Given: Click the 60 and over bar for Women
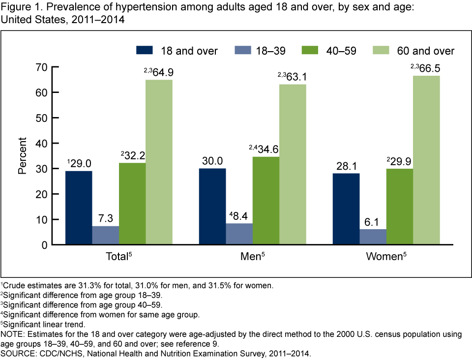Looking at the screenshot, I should coord(426,160).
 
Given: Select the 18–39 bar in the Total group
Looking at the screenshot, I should coord(105,235).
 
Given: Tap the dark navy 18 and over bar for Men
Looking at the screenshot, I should coord(212,207).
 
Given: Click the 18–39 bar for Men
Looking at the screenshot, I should coord(239,234).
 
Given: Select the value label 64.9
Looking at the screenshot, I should coord(163,72).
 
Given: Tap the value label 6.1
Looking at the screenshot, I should coord(373,222).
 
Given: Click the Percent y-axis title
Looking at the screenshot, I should coord(23,156).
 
